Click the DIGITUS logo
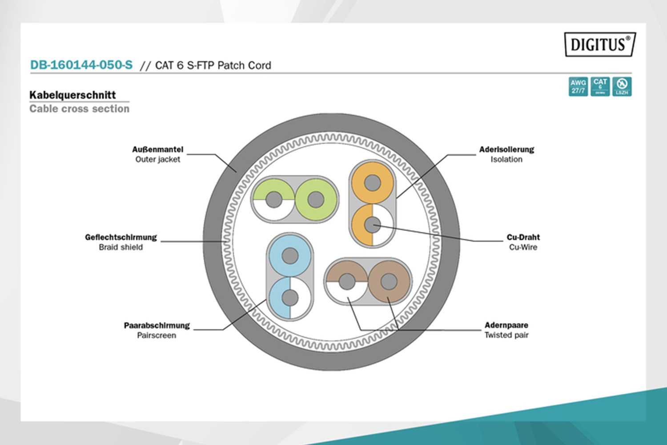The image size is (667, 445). click(600, 44)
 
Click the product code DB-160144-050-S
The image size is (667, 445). click(81, 65)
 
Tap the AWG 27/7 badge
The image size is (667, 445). click(578, 86)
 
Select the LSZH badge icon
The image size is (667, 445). click(622, 86)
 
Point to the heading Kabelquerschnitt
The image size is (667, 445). click(72, 95)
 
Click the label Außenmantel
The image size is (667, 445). click(157, 150)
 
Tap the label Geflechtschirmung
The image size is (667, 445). click(121, 237)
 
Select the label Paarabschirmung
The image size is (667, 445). click(157, 325)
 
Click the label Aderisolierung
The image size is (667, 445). click(506, 150)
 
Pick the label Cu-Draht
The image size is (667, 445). click(523, 237)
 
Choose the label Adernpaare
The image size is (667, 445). click(506, 325)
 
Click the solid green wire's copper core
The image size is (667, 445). click(316, 199)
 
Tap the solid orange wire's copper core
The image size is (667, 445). click(373, 182)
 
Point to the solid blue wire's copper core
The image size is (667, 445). click(290, 256)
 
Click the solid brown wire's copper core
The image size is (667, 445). click(389, 281)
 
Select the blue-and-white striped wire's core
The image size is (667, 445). click(290, 298)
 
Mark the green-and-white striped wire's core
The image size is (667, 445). click(274, 199)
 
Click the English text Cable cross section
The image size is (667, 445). click(79, 109)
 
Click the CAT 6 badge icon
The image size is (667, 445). click(600, 86)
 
